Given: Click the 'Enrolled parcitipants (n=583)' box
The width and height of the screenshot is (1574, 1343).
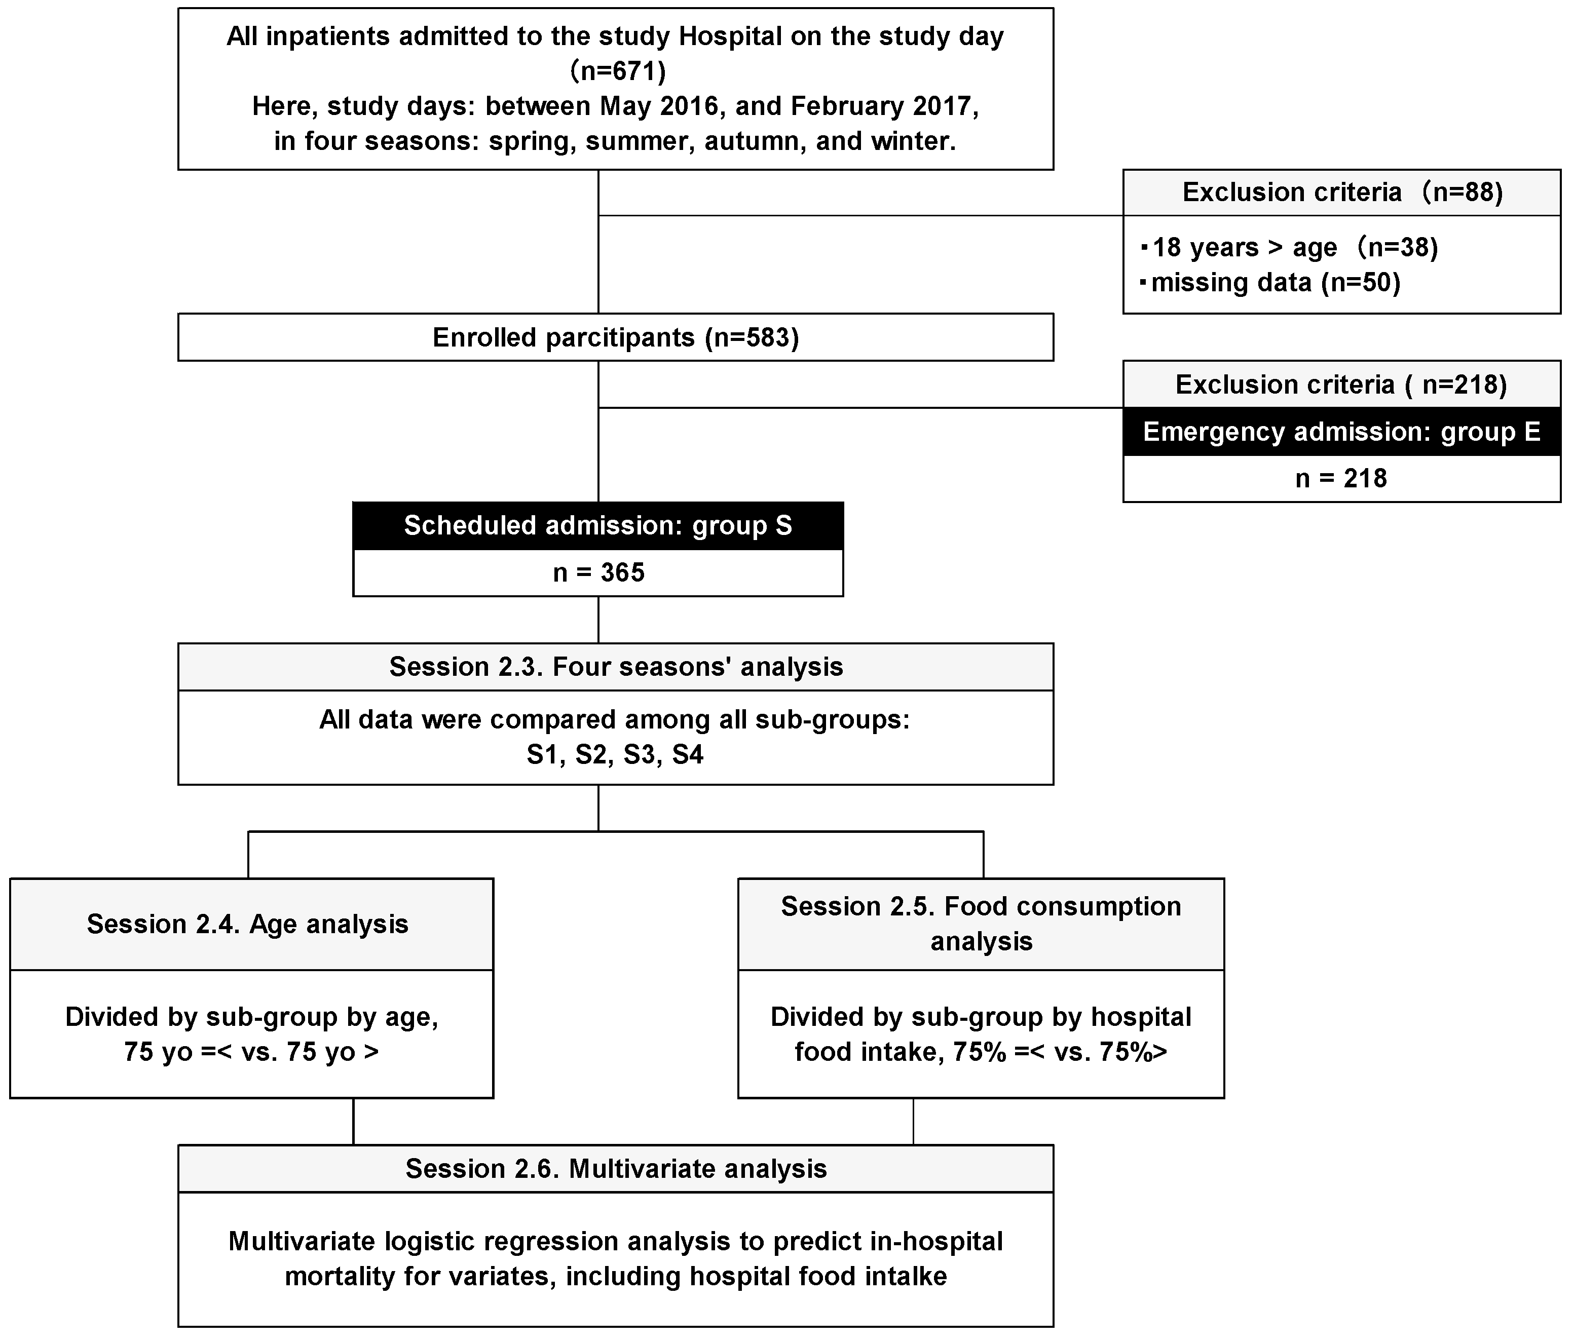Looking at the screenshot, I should (615, 337).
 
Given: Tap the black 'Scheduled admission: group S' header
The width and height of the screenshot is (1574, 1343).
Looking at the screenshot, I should (598, 526).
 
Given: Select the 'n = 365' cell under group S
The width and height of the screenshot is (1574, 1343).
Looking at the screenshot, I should (598, 573).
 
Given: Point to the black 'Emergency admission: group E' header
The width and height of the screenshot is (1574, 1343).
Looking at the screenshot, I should (1341, 432).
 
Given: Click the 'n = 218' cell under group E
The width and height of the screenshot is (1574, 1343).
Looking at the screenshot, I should (1341, 479).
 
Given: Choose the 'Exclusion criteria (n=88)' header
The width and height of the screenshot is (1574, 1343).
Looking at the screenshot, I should (1341, 192).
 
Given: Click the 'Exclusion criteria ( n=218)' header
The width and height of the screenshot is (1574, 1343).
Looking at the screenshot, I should (1341, 385).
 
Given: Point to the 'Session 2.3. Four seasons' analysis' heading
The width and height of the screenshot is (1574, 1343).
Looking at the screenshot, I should (615, 667).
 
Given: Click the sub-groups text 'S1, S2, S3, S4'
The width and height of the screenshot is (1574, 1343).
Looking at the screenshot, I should (615, 755).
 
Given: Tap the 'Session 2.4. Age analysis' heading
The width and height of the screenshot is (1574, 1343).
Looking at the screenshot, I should (248, 925).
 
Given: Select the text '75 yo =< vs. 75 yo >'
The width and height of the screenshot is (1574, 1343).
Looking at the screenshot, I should (251, 1052).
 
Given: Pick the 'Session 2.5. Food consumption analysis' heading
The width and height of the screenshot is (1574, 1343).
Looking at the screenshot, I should (981, 924).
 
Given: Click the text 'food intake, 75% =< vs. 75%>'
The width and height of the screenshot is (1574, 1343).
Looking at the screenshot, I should (981, 1052).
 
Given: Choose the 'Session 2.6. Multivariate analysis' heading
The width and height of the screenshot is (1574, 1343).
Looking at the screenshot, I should (615, 1168).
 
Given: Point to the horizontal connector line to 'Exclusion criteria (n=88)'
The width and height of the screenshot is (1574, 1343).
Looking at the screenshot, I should (858, 216).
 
